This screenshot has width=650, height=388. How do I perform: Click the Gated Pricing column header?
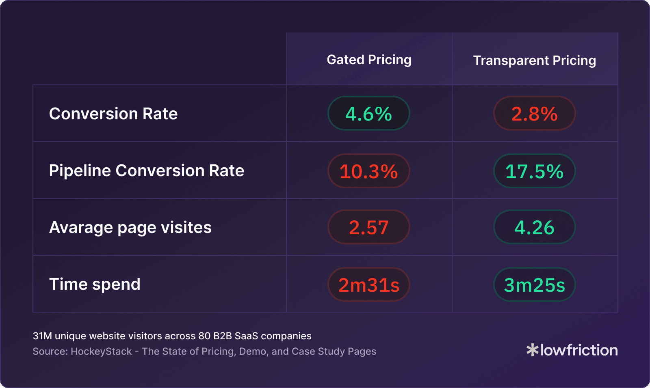(x=369, y=60)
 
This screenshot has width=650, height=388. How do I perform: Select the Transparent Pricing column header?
(x=535, y=60)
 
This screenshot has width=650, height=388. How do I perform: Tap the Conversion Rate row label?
(x=113, y=114)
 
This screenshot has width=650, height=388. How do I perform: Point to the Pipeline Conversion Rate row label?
(x=146, y=170)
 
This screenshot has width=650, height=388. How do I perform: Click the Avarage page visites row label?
(x=130, y=227)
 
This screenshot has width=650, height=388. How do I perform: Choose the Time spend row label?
(x=95, y=284)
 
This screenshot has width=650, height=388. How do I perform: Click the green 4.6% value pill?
(x=369, y=114)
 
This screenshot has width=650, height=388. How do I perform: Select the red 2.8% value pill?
(x=535, y=114)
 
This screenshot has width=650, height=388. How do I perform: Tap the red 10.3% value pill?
(x=369, y=171)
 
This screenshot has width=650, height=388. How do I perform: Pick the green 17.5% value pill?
(x=535, y=171)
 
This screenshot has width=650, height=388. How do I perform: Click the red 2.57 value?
(x=369, y=227)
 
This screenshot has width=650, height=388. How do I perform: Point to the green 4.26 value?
(x=535, y=227)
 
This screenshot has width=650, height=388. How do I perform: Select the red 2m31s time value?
(x=369, y=285)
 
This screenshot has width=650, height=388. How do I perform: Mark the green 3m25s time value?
(x=535, y=285)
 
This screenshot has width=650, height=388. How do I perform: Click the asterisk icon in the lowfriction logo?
(x=532, y=350)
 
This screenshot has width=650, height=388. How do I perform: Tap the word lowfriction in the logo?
(x=579, y=350)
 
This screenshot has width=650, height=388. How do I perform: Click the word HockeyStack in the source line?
(x=101, y=351)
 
